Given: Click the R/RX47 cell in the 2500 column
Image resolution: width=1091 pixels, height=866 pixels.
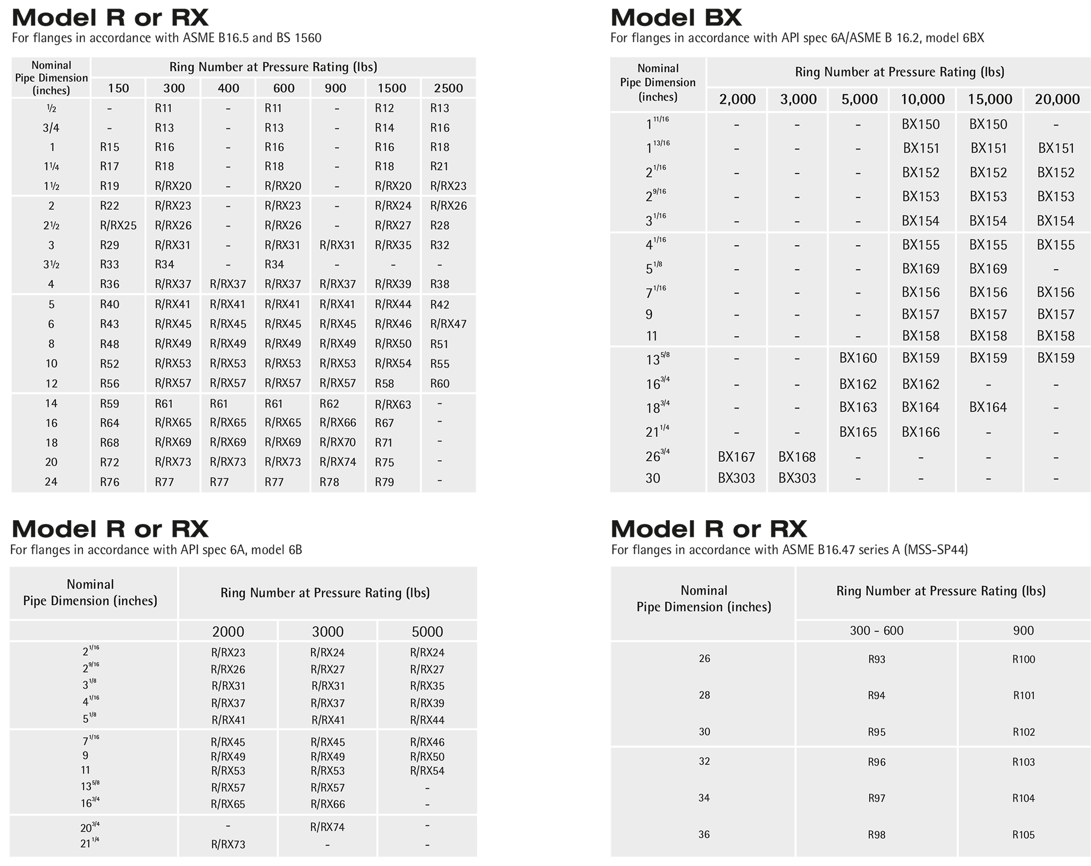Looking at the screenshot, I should click(x=448, y=324).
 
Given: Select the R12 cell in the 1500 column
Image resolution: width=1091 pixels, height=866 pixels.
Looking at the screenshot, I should click(x=384, y=109).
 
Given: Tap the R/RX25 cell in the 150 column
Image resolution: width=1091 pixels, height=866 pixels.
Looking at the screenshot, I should click(x=118, y=226).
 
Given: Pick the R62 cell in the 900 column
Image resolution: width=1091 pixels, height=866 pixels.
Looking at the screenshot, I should click(x=329, y=404).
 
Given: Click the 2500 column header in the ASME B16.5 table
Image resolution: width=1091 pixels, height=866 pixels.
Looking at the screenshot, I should click(x=448, y=88).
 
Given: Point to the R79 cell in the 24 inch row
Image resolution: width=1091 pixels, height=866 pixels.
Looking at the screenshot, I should click(x=384, y=482).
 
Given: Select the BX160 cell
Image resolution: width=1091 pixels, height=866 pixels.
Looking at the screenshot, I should click(x=858, y=358).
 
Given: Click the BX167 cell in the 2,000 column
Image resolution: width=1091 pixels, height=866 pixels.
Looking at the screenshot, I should click(x=736, y=456).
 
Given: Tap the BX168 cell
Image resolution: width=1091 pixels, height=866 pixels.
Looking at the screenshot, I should click(x=796, y=456).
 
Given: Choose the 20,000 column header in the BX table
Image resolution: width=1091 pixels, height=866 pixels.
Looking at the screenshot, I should click(x=1057, y=99).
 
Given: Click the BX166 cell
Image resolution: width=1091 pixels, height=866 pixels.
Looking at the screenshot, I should click(x=920, y=432).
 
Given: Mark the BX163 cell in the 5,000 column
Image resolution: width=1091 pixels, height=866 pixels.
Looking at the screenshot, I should click(x=858, y=407).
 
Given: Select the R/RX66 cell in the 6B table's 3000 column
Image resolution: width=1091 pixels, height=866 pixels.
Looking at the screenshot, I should click(x=328, y=804).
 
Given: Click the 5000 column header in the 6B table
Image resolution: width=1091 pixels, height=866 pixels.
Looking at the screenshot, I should click(x=427, y=631).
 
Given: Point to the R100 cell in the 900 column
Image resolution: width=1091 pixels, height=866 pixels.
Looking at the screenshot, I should click(x=1023, y=660).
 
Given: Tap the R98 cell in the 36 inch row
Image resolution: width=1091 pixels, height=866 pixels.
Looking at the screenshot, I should click(x=876, y=835).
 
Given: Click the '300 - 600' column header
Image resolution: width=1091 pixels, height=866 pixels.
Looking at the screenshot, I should click(x=876, y=631).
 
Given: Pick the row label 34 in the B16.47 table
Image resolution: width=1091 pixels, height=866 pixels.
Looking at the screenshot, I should click(x=704, y=798).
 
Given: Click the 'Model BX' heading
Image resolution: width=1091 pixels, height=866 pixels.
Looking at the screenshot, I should click(x=676, y=18).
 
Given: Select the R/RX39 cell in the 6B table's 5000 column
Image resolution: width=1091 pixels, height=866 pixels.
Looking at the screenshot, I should click(x=427, y=703).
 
